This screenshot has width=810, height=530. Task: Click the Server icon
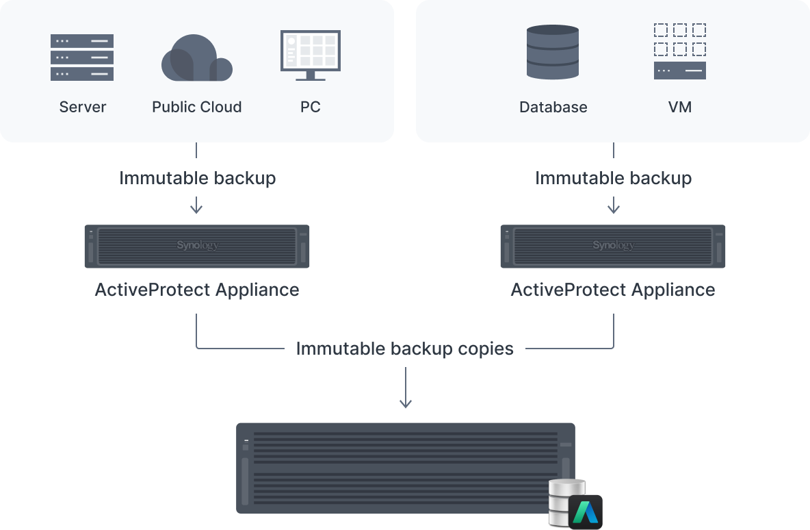(x=82, y=58)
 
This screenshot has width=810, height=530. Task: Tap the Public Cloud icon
(x=196, y=58)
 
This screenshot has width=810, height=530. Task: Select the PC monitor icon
(x=310, y=55)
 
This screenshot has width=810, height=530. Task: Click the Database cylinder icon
(x=553, y=53)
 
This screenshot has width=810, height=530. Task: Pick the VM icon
(x=679, y=51)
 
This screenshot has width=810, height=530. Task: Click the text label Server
(x=83, y=107)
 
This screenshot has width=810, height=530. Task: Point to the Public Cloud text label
(x=196, y=107)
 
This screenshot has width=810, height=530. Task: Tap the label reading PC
(x=310, y=107)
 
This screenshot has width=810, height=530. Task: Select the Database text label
(x=553, y=107)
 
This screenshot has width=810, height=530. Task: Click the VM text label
(x=680, y=107)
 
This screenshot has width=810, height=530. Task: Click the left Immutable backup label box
(x=197, y=178)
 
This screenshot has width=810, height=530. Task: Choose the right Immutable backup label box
(x=613, y=178)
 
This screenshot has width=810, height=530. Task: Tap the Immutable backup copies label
(x=404, y=349)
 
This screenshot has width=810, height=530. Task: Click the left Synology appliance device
(x=197, y=246)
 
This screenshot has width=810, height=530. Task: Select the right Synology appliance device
(x=613, y=246)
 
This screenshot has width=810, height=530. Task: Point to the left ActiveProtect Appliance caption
(x=197, y=290)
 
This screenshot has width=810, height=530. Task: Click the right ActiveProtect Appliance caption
(x=613, y=290)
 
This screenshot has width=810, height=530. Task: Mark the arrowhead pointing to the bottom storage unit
(x=406, y=404)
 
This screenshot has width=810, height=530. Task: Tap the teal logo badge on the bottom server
(x=585, y=511)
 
